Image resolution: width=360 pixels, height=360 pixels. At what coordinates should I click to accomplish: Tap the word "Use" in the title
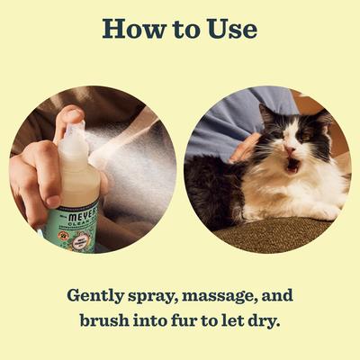[x=229, y=29]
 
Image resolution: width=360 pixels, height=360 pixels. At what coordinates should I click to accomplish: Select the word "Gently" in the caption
[x=93, y=296]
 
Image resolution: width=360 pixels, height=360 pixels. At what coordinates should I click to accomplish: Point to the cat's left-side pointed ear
[x=265, y=112]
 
